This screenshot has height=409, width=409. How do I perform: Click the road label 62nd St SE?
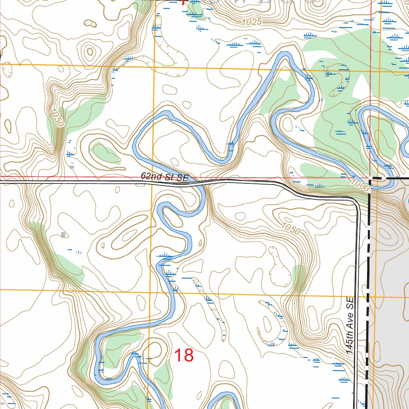coord(164,177)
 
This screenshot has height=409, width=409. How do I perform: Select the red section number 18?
coord(184,355)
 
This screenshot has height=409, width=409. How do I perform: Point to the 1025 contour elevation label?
coord(252,22)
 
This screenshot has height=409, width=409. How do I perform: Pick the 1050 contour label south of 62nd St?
coord(290,228)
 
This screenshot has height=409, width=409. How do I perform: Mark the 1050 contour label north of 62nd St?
coord(55,118)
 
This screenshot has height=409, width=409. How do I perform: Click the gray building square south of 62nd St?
coord(63,234)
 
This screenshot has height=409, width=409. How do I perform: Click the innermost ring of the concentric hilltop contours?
coord(90,51)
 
